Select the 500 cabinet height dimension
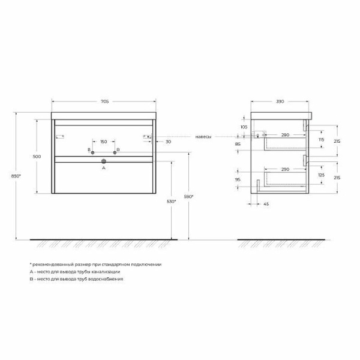(37, 157)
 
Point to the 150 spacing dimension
(103, 142)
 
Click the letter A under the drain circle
(103, 169)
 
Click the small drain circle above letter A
(103, 161)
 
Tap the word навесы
(203, 137)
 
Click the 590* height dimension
(188, 196)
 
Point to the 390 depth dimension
(279, 101)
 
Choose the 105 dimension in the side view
(244, 127)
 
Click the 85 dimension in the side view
(238, 144)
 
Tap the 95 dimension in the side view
(238, 179)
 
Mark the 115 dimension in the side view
(321, 139)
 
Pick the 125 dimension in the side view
(321, 175)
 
